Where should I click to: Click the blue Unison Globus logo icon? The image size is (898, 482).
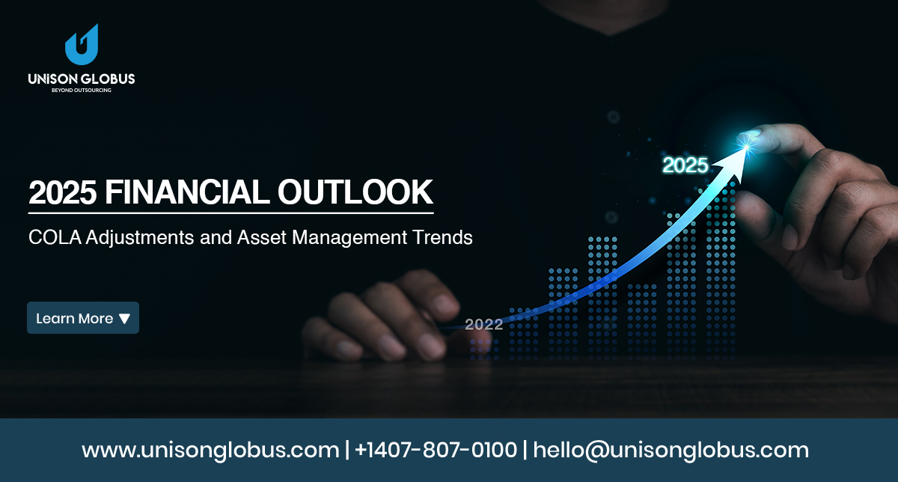click(x=82, y=45)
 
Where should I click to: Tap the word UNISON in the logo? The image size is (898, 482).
click(x=53, y=79)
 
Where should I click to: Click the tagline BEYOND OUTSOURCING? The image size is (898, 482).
click(x=82, y=91)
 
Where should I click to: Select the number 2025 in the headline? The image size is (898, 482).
click(x=63, y=192)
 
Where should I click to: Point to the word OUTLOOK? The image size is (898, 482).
click(x=355, y=192)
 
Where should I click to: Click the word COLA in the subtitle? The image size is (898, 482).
click(x=55, y=237)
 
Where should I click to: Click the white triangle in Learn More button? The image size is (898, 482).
click(x=125, y=319)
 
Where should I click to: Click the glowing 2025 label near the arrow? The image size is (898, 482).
click(x=685, y=165)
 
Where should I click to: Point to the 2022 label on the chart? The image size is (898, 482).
click(x=484, y=324)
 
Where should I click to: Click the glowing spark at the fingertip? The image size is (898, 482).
click(x=747, y=146)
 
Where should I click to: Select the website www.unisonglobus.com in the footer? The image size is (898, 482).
click(x=210, y=451)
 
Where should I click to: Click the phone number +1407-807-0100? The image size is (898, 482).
click(x=436, y=450)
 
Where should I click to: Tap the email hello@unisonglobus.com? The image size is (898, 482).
click(x=671, y=451)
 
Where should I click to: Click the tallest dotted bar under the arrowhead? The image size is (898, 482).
click(x=721, y=272)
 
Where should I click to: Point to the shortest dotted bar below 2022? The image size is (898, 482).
click(x=484, y=349)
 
